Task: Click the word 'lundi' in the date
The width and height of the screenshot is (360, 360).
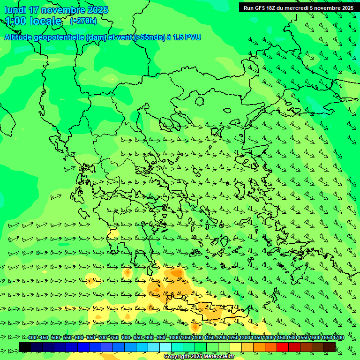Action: click(x=15, y=10)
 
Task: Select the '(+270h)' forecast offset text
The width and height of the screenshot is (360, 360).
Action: click(x=83, y=21)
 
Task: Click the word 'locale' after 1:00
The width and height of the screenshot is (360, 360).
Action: click(x=45, y=21)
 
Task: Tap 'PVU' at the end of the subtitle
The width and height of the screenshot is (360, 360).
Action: click(x=193, y=37)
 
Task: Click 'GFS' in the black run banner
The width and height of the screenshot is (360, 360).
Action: click(x=262, y=7)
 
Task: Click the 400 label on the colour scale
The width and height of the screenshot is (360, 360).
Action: click(x=32, y=338)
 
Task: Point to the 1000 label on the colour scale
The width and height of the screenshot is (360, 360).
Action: click(x=174, y=338)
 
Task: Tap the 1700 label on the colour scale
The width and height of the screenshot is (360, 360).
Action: click(x=338, y=338)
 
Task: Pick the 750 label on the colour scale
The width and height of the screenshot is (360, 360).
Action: click(x=114, y=338)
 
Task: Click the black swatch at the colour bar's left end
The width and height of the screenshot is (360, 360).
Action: click(x=25, y=347)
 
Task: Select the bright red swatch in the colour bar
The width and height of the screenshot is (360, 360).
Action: click(x=283, y=347)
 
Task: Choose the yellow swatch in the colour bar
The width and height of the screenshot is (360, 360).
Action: click(x=236, y=347)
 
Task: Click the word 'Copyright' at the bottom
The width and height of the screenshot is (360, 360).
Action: click(x=176, y=357)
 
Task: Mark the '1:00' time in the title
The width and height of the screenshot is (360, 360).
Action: click(x=15, y=21)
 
